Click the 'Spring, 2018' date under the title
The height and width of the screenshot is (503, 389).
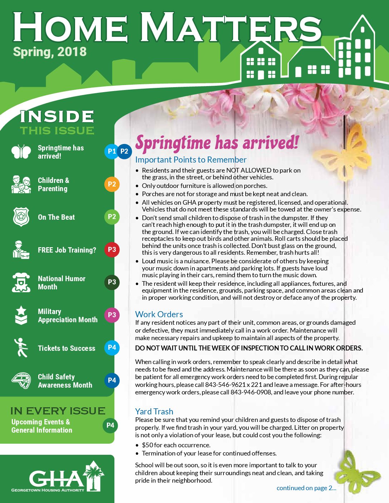point(50,52)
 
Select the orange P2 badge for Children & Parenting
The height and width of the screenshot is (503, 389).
point(112,184)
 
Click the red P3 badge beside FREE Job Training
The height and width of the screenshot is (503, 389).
point(112,250)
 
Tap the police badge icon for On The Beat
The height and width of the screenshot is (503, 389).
point(21,217)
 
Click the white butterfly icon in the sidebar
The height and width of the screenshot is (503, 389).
point(21,151)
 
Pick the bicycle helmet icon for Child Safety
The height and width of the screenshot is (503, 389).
point(21,381)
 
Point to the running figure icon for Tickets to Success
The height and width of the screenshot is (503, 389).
point(21,348)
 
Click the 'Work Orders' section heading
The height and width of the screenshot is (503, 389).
point(159,314)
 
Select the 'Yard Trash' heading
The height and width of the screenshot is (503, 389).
point(154,412)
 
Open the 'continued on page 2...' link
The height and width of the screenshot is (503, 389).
point(306,488)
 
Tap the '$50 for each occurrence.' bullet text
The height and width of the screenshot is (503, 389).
point(176,445)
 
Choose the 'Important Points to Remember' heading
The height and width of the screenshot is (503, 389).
point(191,160)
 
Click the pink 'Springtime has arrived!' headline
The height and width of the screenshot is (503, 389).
point(217,143)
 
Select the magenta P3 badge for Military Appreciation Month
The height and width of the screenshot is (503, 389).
point(112,315)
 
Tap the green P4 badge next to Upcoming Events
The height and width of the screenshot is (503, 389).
point(110,425)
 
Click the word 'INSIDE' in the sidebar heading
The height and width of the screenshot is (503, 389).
point(57,117)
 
